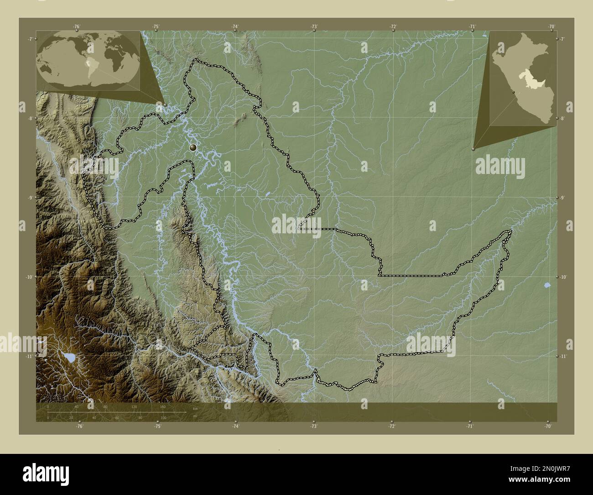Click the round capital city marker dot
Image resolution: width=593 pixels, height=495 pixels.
tap(193, 147)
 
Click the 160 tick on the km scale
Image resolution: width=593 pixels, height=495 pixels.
tap(163, 406)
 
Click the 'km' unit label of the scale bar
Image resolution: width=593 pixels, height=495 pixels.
tap(195, 408)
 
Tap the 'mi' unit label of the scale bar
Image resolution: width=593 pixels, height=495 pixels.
tap(195, 416)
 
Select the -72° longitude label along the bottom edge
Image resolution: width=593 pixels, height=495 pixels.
tap(392, 427)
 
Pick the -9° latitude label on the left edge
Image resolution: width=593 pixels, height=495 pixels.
tap(30, 198)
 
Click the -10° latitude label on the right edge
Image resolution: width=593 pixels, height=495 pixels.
tap(563, 277)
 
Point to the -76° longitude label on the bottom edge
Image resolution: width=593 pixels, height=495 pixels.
tap(79, 427)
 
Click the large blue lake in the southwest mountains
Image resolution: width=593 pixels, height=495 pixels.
tap(69, 356)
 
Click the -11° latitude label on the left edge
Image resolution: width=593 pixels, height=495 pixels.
tap(30, 356)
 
